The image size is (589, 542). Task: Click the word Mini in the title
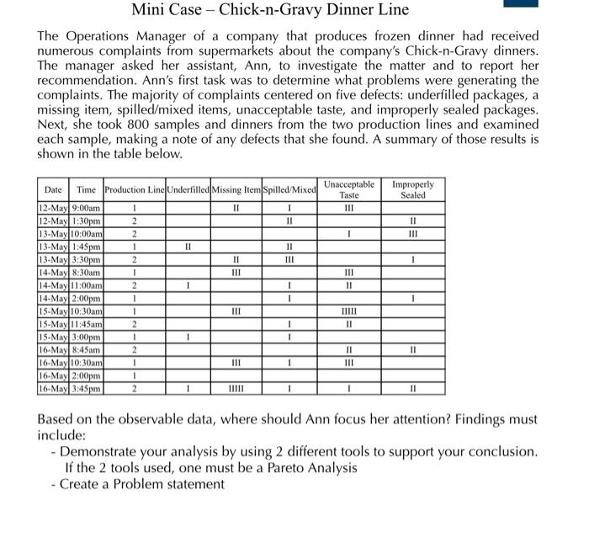[149, 10]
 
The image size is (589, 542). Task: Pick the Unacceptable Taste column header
[348, 189]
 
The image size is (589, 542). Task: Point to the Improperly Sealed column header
[412, 189]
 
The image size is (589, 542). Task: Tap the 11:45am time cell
[87, 324]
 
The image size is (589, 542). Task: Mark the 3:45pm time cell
[87, 389]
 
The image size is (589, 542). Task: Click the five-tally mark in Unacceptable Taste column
[348, 311]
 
